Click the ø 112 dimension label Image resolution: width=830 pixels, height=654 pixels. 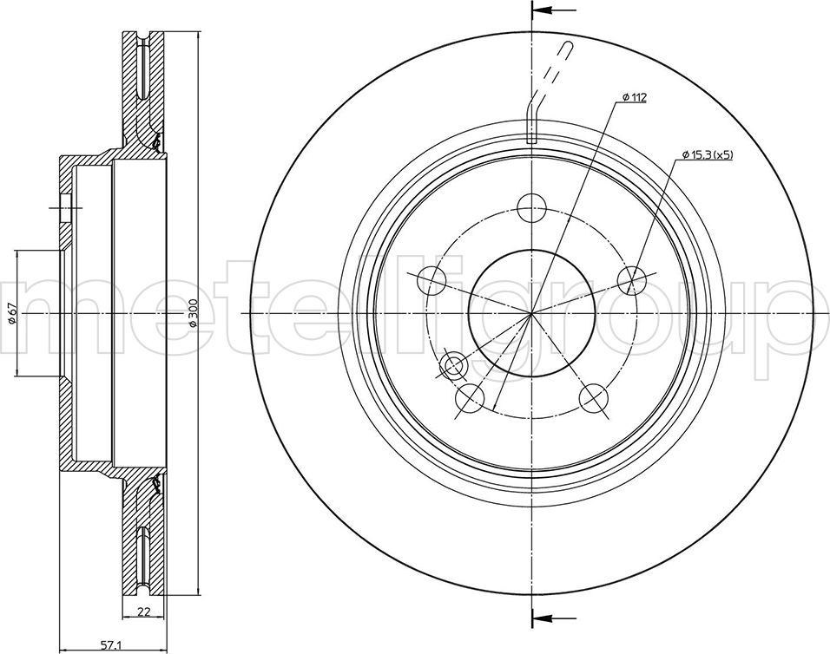click(634, 98)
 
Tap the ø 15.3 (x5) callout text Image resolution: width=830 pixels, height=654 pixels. click(708, 155)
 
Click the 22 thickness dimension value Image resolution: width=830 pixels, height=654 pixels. click(143, 612)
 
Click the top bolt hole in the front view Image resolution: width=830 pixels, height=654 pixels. click(531, 208)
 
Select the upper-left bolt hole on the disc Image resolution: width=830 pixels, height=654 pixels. click(431, 281)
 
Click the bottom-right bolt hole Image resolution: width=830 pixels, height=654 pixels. click(593, 399)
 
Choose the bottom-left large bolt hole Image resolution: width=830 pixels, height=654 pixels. click(470, 399)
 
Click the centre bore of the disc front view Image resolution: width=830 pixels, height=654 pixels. click(531, 313)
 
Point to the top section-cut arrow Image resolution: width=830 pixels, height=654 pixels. click(554, 10)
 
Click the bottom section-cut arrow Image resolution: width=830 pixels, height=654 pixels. click(554, 618)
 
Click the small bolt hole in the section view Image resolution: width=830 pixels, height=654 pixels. click(66, 208)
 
